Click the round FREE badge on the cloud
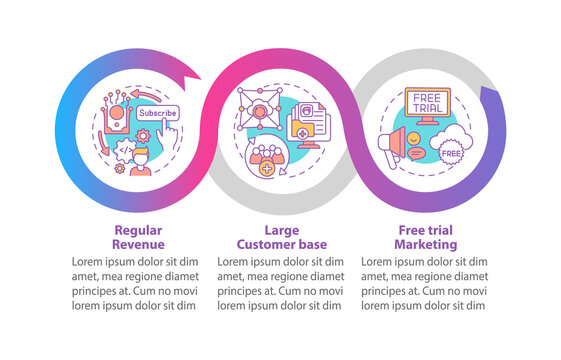(x=451, y=155)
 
